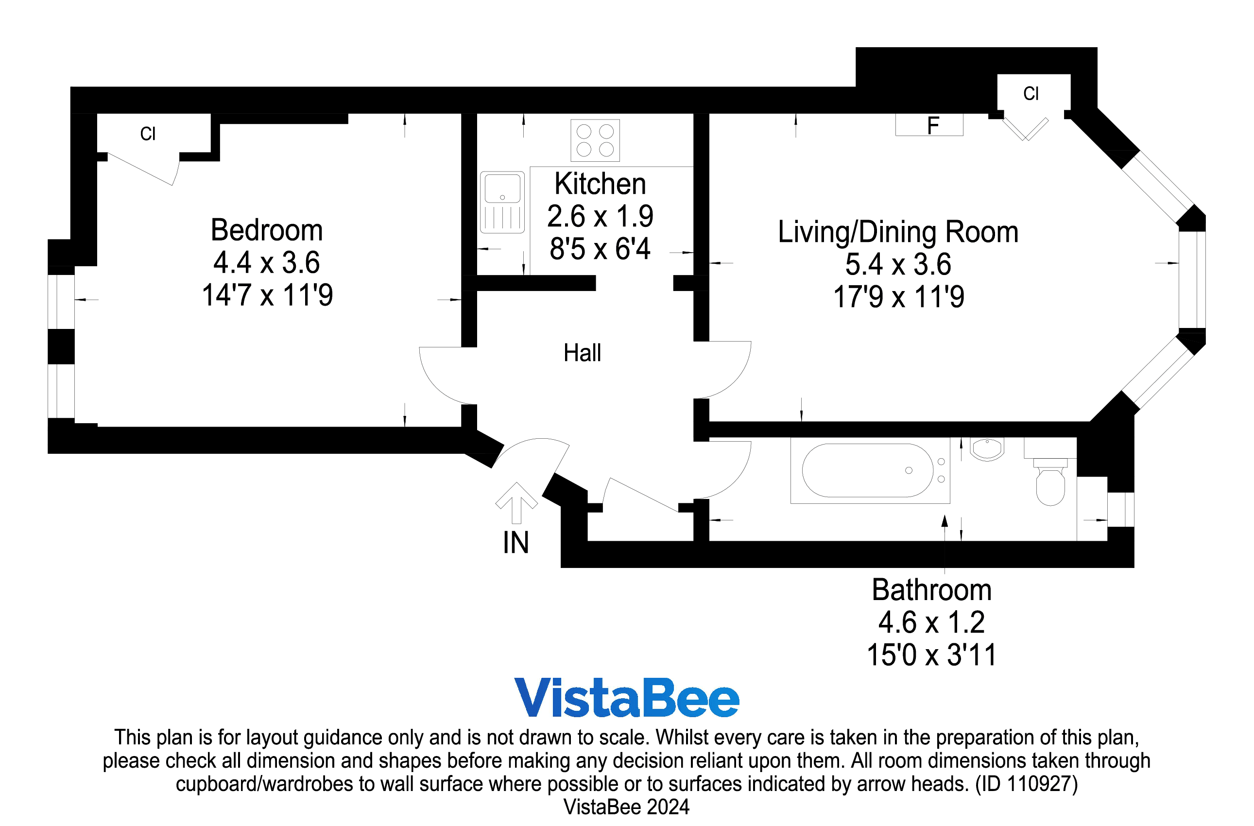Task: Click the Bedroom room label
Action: tap(267, 230)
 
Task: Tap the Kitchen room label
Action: tap(600, 184)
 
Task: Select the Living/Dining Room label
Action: tap(898, 232)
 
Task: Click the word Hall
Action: tap(582, 353)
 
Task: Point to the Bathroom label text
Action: tap(931, 590)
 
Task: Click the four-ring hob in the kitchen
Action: tap(595, 140)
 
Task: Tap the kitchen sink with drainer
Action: tap(502, 202)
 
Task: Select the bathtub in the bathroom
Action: tap(867, 470)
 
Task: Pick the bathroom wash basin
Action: tap(987, 449)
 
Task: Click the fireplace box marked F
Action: tap(929, 125)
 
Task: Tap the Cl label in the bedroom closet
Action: tap(148, 134)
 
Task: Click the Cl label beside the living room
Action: tap(1031, 94)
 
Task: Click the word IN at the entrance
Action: tap(515, 543)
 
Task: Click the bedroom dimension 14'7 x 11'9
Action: tap(267, 295)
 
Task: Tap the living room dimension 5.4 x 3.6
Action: tap(898, 264)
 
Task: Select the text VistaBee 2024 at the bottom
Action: tap(626, 807)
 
